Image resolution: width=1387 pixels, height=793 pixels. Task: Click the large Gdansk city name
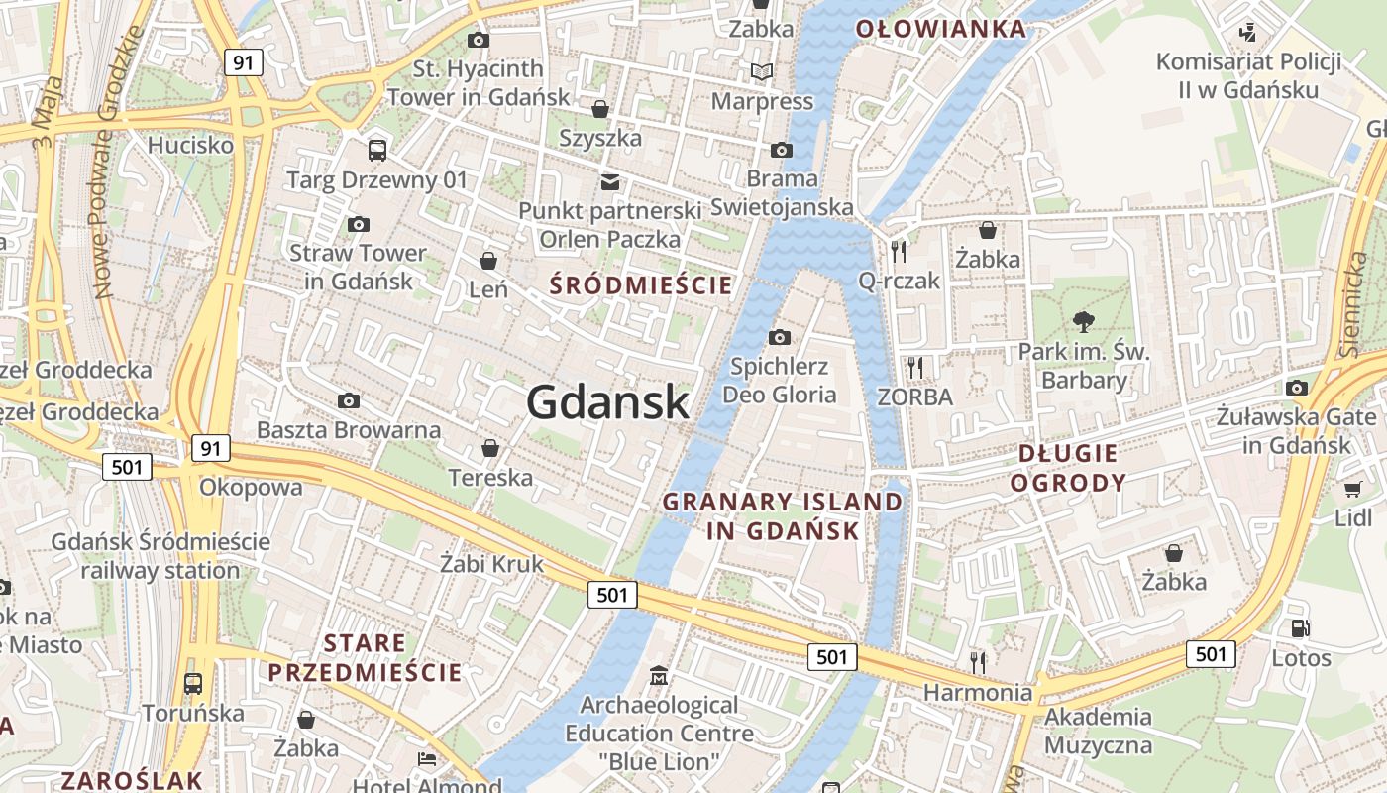click(x=607, y=402)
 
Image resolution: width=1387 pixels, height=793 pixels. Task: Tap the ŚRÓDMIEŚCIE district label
click(x=641, y=285)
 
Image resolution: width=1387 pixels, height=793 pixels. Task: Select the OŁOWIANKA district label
click(x=940, y=29)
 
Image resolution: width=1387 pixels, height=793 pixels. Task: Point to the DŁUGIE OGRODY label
click(x=1073, y=468)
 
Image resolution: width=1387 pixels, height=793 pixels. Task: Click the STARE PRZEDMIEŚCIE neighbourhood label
click(x=365, y=657)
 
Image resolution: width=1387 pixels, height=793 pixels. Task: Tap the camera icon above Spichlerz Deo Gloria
click(x=780, y=337)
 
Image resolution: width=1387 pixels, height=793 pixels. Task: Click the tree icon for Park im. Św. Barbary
click(x=1084, y=320)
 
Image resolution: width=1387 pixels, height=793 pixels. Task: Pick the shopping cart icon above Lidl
click(x=1352, y=488)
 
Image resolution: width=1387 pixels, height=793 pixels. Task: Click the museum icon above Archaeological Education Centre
click(x=659, y=676)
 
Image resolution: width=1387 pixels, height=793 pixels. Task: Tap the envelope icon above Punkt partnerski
click(x=610, y=181)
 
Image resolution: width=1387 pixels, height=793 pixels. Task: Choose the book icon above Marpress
click(x=762, y=71)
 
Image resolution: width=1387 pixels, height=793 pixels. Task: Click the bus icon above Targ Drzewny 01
click(x=376, y=151)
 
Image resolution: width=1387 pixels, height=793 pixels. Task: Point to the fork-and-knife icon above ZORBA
click(x=914, y=368)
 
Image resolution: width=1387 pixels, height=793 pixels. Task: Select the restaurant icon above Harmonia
click(x=978, y=661)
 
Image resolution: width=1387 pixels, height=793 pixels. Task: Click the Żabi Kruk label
click(x=491, y=564)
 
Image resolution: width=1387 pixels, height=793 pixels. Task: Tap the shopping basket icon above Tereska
click(x=489, y=448)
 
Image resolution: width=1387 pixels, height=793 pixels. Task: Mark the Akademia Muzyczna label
click(x=1098, y=731)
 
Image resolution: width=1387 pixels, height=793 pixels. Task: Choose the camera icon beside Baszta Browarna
click(x=349, y=400)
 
